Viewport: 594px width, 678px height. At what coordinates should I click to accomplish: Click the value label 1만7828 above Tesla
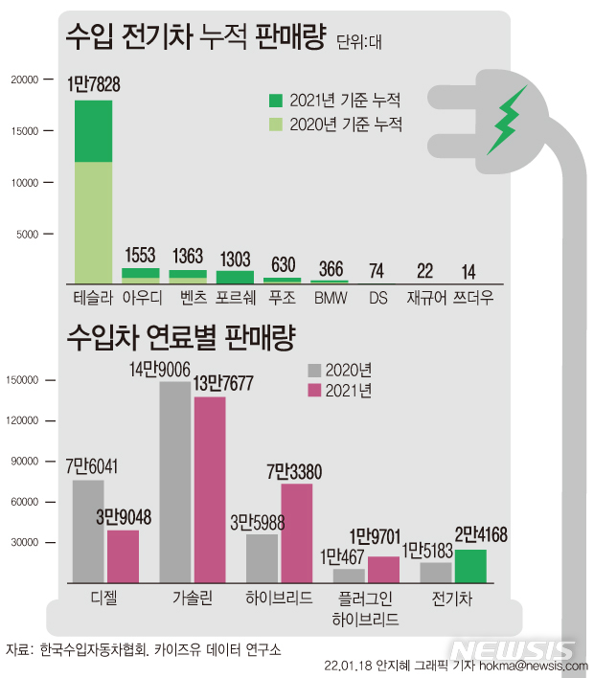click(94, 85)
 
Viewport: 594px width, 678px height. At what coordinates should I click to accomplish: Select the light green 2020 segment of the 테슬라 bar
click(93, 221)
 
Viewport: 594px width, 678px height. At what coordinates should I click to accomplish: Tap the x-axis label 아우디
click(141, 297)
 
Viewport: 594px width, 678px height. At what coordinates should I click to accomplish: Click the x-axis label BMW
click(331, 297)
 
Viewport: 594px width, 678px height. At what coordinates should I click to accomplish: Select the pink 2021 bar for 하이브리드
click(296, 532)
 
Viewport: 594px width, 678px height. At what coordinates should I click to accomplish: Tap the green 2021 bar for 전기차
click(470, 565)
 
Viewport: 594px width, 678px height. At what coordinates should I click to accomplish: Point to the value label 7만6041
click(93, 466)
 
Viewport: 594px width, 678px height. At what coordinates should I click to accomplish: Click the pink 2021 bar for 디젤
click(123, 555)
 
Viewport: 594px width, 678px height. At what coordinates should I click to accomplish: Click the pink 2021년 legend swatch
click(314, 391)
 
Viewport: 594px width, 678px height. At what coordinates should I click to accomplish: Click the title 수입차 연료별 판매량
click(180, 337)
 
